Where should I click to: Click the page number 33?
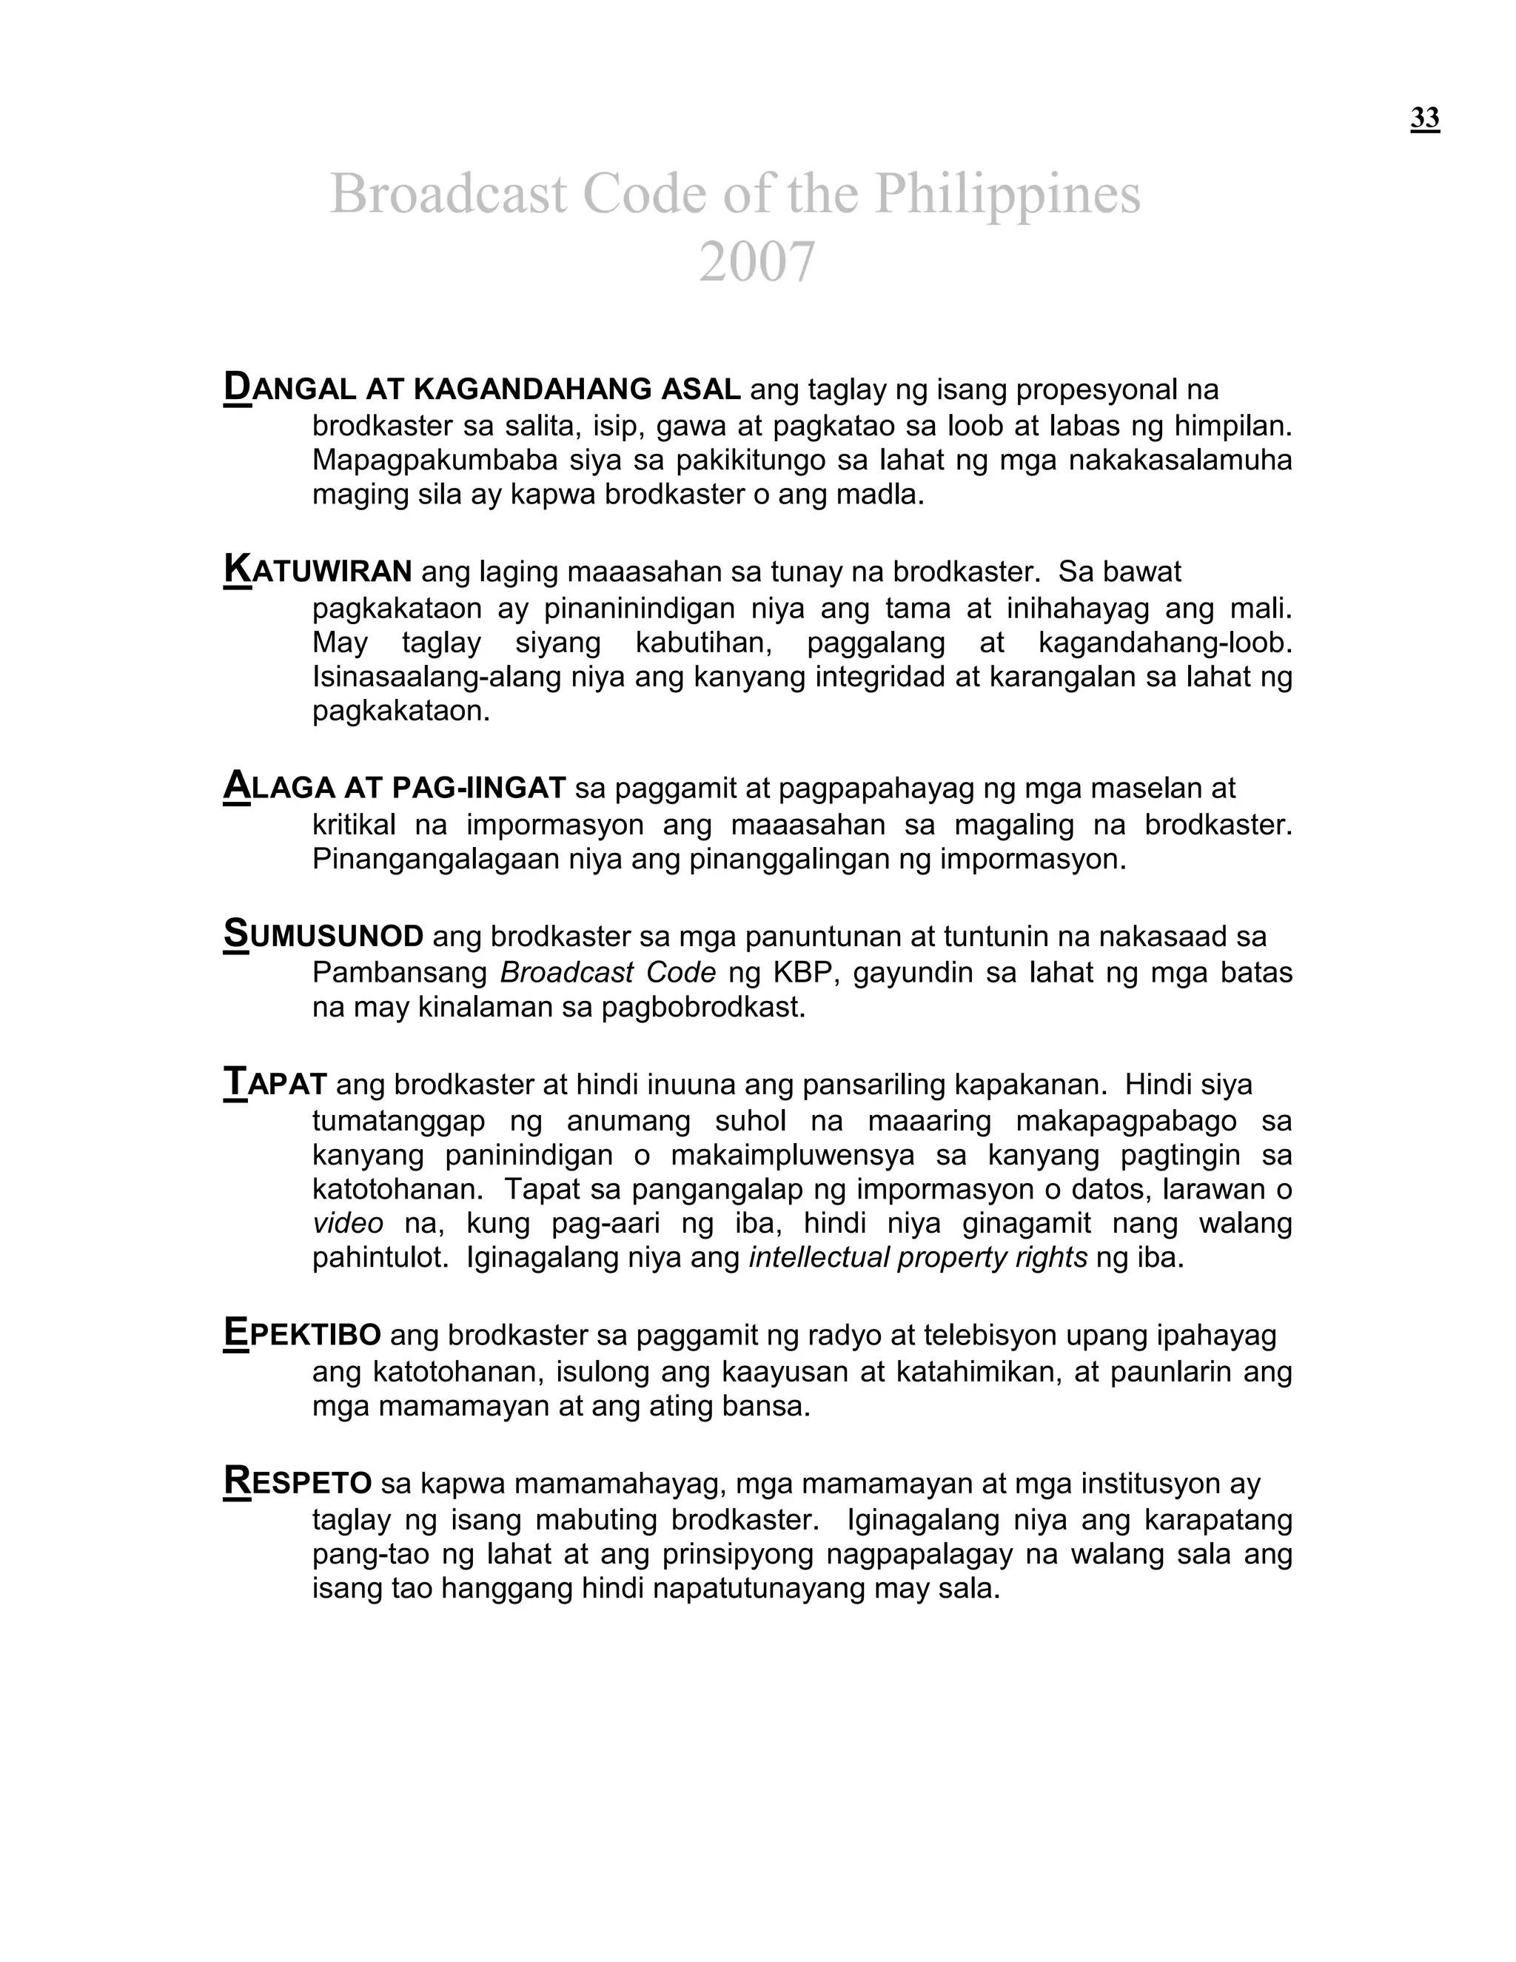(1424, 118)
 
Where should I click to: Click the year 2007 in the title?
(757, 262)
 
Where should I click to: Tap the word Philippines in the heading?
(1007, 194)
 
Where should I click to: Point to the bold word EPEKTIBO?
(302, 1335)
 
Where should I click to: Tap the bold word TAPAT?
(275, 1085)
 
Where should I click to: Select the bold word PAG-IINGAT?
(479, 788)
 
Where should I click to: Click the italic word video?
(348, 1224)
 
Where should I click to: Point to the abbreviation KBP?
(807, 973)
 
